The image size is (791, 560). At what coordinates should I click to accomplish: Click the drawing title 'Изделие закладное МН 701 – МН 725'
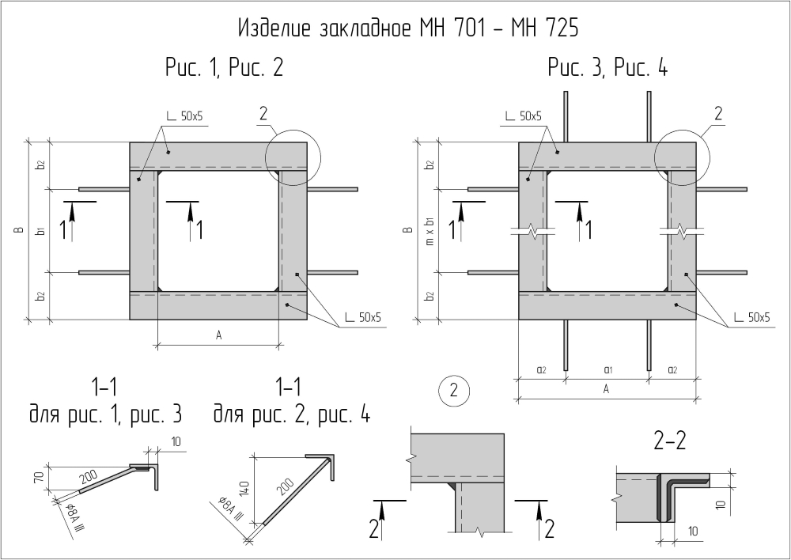pos(408,29)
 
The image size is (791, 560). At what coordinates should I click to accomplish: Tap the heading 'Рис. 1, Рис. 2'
pos(224,69)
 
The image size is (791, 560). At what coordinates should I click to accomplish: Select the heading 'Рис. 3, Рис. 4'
pos(607,69)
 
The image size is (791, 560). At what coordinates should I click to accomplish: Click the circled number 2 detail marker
pos(452,390)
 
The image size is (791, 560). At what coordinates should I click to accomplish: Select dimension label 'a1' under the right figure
pos(607,369)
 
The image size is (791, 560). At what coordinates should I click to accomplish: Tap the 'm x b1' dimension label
pos(430,231)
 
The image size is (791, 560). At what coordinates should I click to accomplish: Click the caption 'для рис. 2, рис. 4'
pos(291,414)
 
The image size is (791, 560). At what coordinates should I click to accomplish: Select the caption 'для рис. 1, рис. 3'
pos(105,414)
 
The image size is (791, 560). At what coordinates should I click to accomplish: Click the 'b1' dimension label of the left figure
pos(40,231)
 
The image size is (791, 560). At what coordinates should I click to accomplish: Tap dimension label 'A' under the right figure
pos(607,389)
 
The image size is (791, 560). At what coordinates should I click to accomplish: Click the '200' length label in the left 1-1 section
pos(89,475)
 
